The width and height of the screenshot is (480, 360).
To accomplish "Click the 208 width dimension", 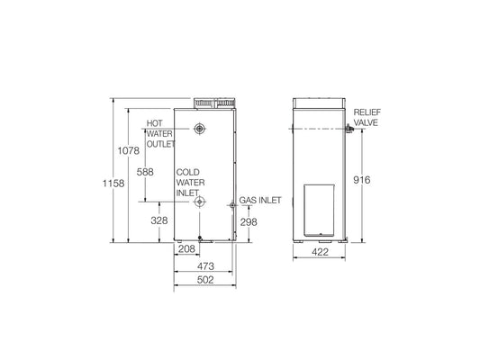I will (186, 248).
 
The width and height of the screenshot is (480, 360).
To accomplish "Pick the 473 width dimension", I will (204, 266).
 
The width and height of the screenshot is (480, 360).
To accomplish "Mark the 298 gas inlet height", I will (250, 221).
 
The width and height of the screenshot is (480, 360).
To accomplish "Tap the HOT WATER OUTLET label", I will (161, 132).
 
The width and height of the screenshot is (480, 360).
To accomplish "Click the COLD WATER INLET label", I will (188, 181).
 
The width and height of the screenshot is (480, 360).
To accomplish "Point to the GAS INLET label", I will (258, 202).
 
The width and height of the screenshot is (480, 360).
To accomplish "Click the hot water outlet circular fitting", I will (199, 130).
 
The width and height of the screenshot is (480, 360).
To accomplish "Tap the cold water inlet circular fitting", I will (199, 202).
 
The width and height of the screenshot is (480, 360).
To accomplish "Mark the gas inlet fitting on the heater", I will (233, 207).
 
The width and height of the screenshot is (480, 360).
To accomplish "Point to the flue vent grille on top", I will (214, 103).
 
